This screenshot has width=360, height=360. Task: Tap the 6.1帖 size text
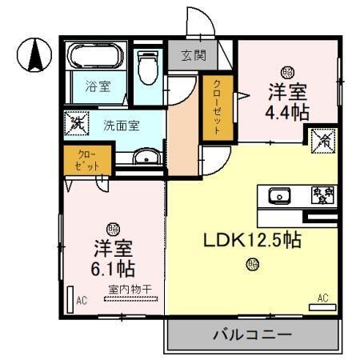pos(114,266)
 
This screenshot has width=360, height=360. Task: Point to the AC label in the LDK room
pos(323,298)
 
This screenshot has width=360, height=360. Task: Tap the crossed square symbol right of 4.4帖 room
pos(323,138)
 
